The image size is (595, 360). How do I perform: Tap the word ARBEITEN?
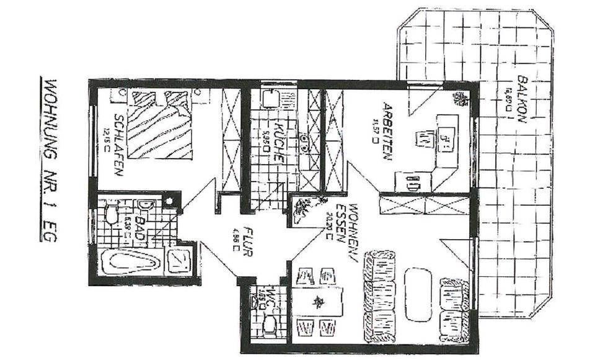coord(388,131)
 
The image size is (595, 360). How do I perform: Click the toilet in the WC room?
coord(271,325)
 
